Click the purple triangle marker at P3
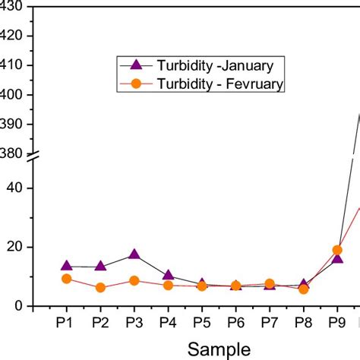[x=134, y=254]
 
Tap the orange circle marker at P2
[x=100, y=288]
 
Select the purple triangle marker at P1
[x=67, y=266]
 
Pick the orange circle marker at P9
[x=337, y=250]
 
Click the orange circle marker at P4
[x=168, y=285]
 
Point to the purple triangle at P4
[x=168, y=275]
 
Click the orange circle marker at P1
[x=67, y=279]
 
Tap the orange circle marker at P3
[x=134, y=281]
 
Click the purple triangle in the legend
[x=136, y=64]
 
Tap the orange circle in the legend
[x=136, y=85]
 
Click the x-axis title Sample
[x=219, y=349]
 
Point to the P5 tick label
[x=202, y=322]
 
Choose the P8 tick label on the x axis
[x=304, y=322]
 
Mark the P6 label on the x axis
[x=235, y=322]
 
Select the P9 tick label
[x=337, y=322]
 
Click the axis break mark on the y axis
[x=34, y=157]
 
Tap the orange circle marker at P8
[x=304, y=289]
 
